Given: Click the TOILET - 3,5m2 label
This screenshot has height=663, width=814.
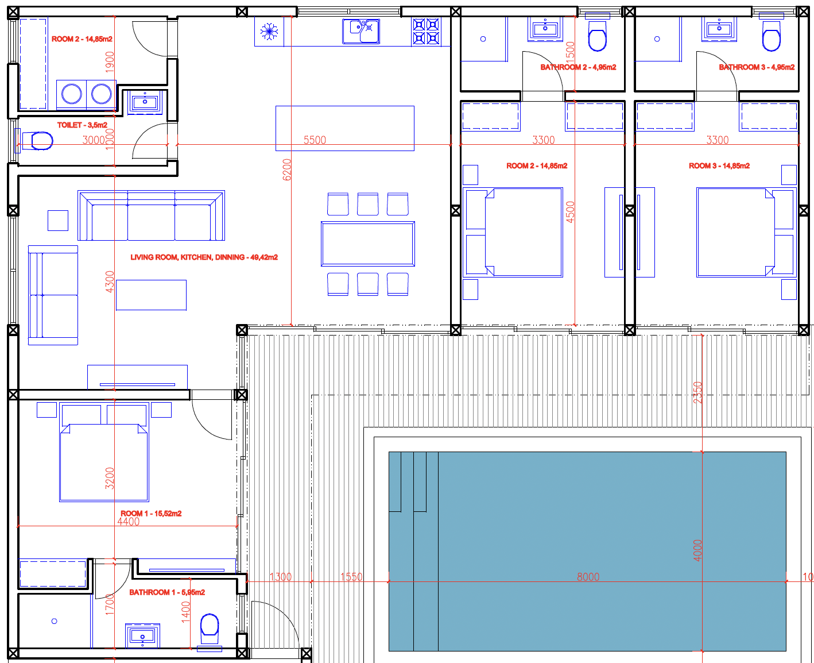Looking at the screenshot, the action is (82, 125).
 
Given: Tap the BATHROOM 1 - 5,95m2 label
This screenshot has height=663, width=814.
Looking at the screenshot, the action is (167, 592).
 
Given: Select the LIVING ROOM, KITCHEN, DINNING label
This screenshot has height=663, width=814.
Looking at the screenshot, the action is (204, 257).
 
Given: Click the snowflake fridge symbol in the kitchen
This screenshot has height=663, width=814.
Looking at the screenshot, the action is (269, 32).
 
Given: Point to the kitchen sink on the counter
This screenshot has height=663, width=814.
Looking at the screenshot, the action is (361, 32).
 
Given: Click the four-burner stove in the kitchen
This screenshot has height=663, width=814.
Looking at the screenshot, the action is (426, 32).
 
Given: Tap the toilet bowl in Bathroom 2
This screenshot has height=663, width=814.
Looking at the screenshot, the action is (598, 36).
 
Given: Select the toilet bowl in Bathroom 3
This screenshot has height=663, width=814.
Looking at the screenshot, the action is (771, 36).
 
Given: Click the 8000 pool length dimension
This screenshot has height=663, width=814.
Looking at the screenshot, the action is (588, 577).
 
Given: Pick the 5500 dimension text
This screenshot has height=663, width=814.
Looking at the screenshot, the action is (315, 140).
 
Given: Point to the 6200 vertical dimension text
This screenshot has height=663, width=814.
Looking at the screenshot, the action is (286, 169).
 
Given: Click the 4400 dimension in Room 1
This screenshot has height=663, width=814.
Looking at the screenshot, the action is (129, 522).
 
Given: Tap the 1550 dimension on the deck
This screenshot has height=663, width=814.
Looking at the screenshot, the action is (351, 577).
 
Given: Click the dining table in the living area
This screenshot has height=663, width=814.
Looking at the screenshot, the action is (368, 244).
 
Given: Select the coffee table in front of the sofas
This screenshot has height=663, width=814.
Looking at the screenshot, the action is (152, 295).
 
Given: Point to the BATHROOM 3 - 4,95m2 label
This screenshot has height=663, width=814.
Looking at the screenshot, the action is (757, 67).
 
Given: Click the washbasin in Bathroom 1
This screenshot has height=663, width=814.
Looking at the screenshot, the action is (142, 636).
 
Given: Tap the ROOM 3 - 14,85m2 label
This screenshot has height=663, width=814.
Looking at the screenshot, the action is (719, 166).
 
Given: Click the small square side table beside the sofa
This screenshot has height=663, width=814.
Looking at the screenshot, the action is (58, 221).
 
